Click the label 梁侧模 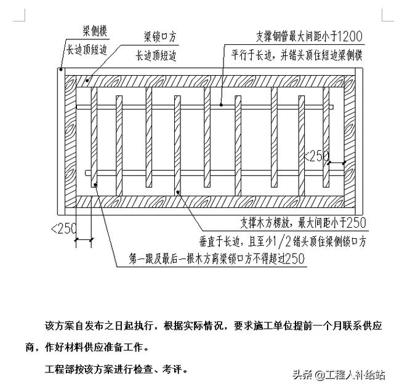[x=96, y=30]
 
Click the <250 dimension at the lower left [x=63, y=229]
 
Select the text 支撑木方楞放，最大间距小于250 [x=300, y=222]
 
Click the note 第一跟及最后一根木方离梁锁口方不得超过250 [x=217, y=259]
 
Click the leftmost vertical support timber [x=94, y=136]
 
